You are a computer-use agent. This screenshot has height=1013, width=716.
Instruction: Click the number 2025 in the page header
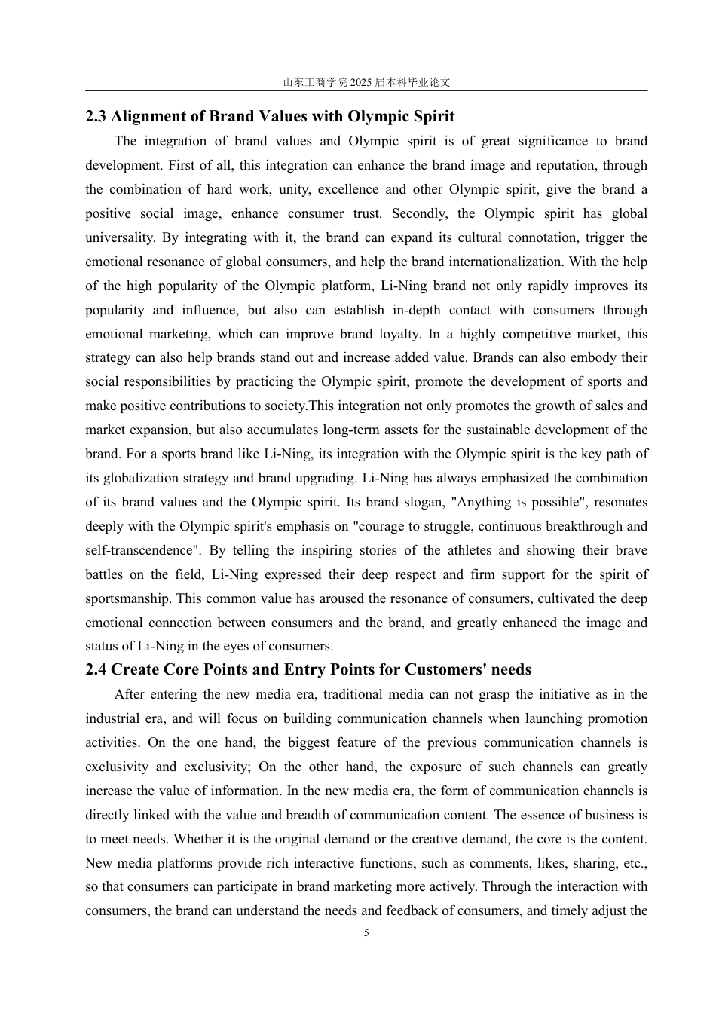pos(361,82)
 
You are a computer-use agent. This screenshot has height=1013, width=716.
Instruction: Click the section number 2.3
pos(96,116)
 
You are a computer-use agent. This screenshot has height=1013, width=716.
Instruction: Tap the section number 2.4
pos(96,669)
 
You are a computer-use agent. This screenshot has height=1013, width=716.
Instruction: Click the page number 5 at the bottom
pos(366,933)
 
